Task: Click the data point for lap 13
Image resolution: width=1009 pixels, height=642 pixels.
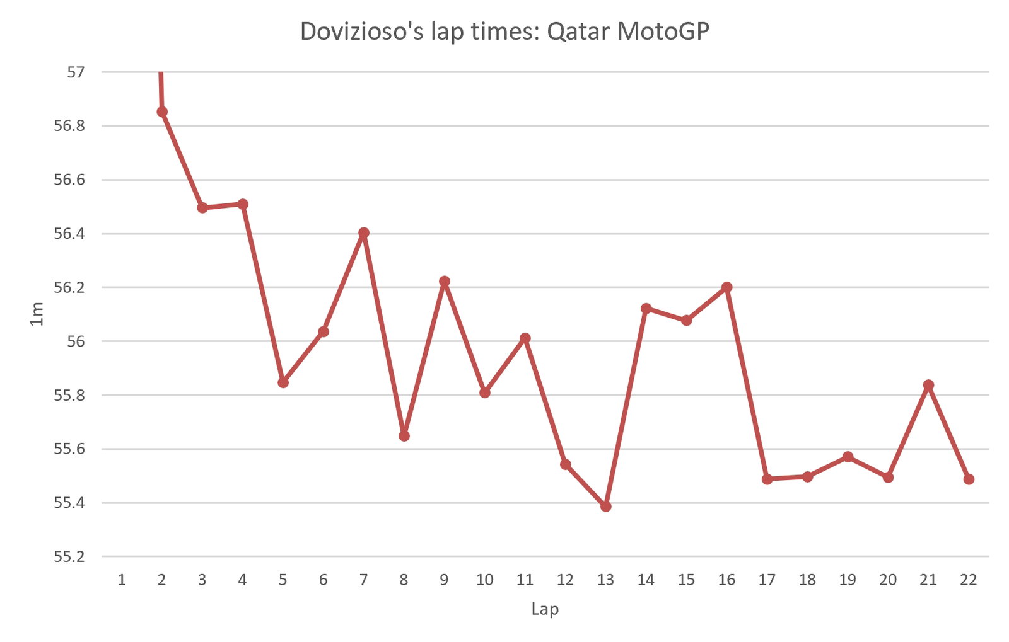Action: [606, 507]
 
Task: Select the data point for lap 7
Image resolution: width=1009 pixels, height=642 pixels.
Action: [364, 232]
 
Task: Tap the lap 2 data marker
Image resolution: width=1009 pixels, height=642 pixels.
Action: [162, 112]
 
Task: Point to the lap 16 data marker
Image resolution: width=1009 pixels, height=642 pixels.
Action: [727, 287]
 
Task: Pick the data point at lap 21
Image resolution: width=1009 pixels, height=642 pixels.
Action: [928, 385]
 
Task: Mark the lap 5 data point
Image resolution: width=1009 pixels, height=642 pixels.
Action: [283, 382]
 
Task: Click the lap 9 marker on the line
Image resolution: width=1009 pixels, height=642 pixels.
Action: [445, 281]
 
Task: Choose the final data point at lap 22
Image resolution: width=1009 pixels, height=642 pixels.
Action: [969, 479]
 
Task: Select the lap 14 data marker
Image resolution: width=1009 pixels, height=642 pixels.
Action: [646, 308]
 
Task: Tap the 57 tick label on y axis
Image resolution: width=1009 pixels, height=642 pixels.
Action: [75, 72]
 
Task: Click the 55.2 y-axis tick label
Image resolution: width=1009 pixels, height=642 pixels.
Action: [69, 557]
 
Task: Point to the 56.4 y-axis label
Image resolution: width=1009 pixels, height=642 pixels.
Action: [69, 234]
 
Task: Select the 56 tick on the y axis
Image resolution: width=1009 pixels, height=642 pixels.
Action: [75, 341]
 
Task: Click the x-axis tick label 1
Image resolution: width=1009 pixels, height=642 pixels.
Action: [122, 580]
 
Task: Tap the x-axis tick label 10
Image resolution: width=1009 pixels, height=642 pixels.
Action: [484, 580]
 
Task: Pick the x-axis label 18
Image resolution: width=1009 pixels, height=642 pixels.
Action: [807, 580]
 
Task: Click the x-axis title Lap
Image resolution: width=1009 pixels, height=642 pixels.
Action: [545, 609]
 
